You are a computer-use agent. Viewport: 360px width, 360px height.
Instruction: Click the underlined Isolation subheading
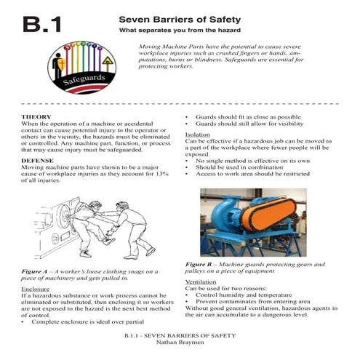point(198,135)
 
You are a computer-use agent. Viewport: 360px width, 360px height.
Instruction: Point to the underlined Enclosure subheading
point(36,289)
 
